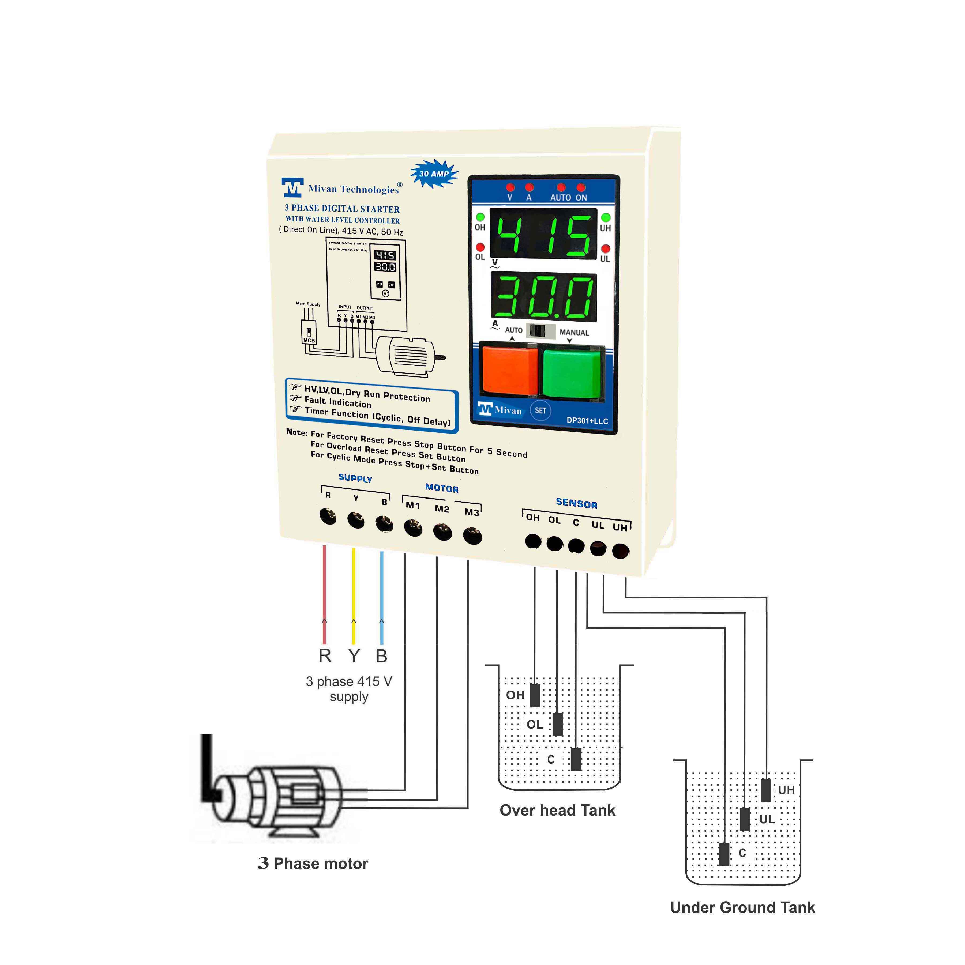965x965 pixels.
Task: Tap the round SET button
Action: (x=540, y=410)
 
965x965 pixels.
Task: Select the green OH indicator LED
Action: (x=480, y=217)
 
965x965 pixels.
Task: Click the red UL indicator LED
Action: (x=605, y=248)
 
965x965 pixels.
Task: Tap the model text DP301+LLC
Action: (x=587, y=421)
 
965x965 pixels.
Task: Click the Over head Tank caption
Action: (x=557, y=810)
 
